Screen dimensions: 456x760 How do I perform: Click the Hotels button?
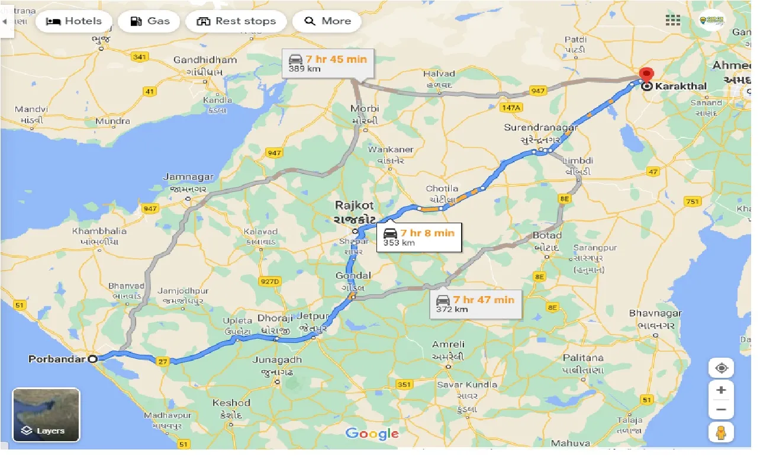74,21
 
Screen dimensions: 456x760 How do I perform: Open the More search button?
328,21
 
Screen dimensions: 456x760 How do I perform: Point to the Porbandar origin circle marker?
92,359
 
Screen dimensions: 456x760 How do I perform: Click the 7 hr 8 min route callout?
418,237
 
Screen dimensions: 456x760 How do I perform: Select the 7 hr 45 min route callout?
327,63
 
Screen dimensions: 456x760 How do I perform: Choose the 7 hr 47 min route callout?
476,304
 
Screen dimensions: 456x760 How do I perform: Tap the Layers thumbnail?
46,415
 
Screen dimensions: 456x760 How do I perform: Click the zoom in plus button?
721,390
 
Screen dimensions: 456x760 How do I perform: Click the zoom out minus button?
721,409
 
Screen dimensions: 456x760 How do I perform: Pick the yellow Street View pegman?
721,433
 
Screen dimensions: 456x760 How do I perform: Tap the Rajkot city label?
355,205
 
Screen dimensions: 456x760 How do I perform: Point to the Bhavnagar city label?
655,313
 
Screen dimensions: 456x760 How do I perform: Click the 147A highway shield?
510,108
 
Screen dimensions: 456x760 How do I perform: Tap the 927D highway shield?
269,281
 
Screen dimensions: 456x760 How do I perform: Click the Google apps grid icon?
673,20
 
